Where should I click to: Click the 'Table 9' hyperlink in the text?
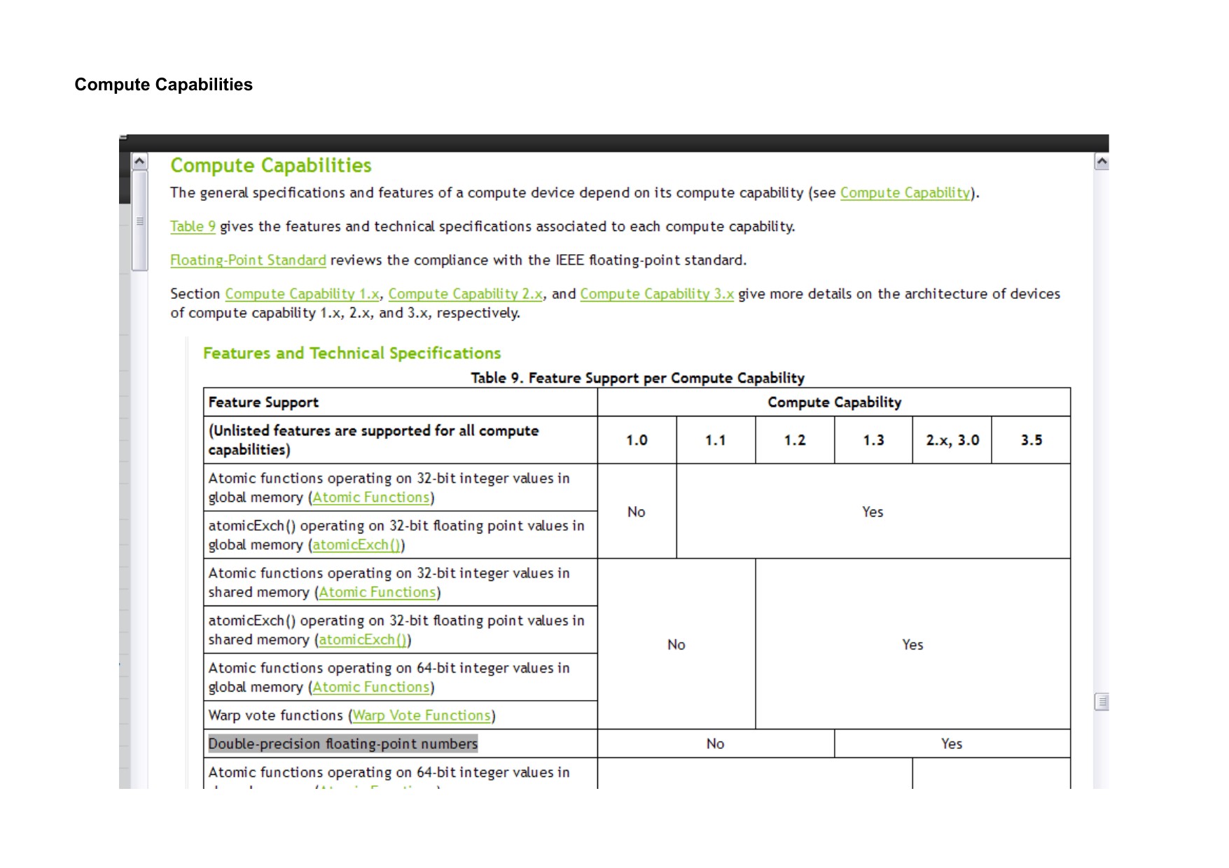click(193, 227)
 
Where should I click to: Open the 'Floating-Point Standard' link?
click(248, 260)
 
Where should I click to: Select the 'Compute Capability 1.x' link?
click(302, 294)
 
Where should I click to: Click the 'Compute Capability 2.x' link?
click(466, 294)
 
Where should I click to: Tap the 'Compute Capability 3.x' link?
click(657, 294)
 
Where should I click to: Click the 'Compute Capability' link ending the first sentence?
click(905, 193)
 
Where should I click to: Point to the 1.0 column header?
click(637, 440)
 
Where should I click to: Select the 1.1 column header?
click(716, 440)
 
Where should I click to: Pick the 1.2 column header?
click(795, 440)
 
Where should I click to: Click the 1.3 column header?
click(873, 440)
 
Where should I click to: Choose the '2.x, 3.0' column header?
click(952, 440)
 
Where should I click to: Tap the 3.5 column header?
click(1031, 440)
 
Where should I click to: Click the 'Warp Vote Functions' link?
click(422, 715)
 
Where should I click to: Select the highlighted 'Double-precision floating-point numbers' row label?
click(343, 744)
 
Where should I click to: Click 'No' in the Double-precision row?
click(715, 744)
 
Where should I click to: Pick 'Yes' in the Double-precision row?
click(952, 744)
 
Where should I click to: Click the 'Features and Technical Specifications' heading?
click(352, 353)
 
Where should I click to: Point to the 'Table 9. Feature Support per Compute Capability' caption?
click(637, 378)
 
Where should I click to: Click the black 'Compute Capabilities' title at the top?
click(164, 85)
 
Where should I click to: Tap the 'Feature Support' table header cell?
click(263, 402)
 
